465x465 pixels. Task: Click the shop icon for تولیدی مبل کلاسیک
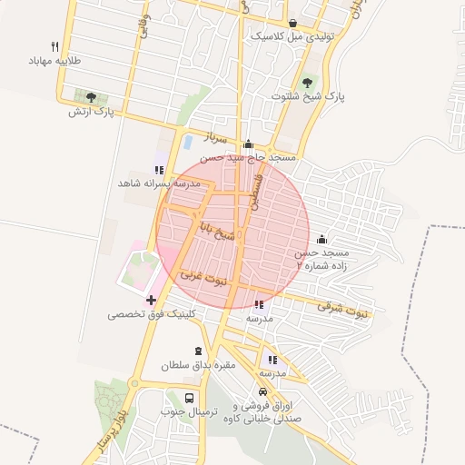click(x=292, y=24)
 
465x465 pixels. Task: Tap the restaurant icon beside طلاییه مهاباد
click(x=55, y=46)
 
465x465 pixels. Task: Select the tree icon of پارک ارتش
click(x=91, y=96)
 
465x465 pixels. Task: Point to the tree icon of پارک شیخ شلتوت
click(x=305, y=82)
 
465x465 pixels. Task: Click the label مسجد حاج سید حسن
click(x=249, y=157)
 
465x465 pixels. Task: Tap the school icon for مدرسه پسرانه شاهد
click(x=159, y=170)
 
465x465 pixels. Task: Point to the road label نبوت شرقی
click(x=344, y=310)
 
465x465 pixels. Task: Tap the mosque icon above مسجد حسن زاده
click(x=322, y=239)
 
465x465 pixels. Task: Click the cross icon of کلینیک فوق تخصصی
click(x=151, y=300)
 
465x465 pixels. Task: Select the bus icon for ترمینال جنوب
click(x=189, y=398)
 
